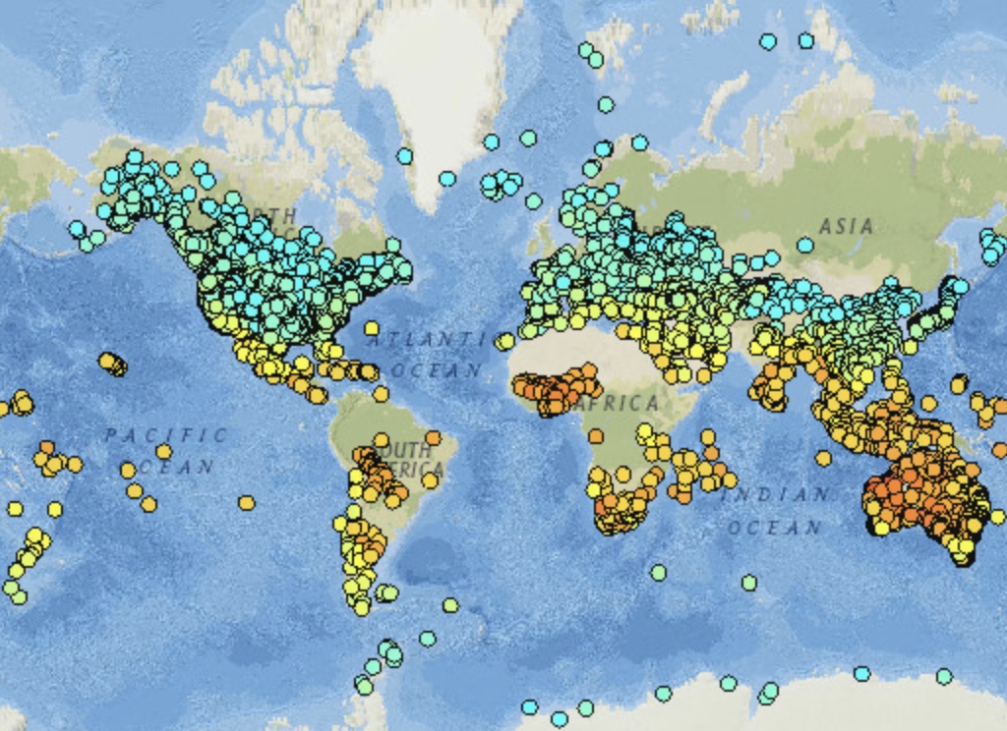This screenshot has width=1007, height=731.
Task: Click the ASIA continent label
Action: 846,226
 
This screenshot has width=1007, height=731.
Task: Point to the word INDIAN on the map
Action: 777,495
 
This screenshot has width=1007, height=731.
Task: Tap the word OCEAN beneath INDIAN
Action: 774,528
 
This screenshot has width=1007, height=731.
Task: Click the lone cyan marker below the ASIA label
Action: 805,245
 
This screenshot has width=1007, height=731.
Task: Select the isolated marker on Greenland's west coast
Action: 404,155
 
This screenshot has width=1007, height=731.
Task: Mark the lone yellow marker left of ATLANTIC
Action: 372,328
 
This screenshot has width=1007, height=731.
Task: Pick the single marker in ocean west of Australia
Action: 823,458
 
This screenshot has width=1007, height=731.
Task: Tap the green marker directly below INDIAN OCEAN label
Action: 749,583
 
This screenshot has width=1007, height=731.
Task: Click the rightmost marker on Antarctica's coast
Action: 944,676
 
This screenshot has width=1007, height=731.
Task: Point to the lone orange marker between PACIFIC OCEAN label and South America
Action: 246,503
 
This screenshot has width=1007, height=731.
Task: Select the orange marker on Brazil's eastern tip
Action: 433,437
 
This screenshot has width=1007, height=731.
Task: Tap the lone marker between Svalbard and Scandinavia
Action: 606,104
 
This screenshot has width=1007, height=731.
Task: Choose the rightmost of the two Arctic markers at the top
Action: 806,40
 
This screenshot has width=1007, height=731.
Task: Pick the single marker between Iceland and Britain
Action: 533,201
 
